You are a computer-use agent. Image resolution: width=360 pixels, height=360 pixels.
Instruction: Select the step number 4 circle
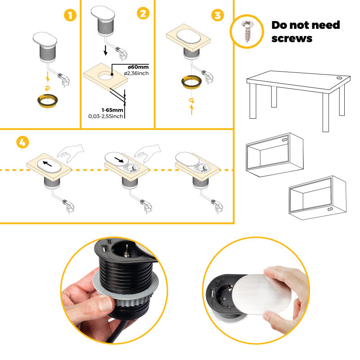coord(22,143)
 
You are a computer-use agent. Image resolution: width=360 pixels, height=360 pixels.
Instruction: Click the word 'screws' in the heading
coord(292,38)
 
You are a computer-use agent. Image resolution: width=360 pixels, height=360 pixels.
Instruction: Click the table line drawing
coord(297,97)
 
